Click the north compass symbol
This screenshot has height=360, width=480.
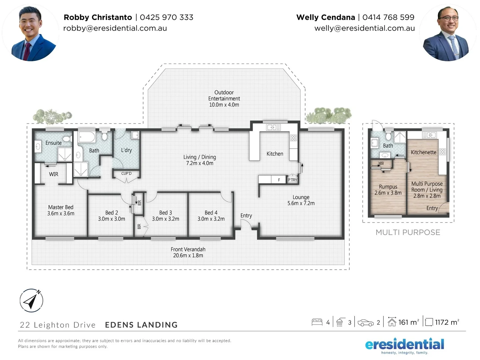pyautogui.click(x=31, y=300)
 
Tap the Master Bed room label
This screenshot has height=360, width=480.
pyautogui.click(x=61, y=207)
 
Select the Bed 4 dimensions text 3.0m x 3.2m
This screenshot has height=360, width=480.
pyautogui.click(x=211, y=219)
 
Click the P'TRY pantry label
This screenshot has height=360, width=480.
pyautogui.click(x=292, y=180)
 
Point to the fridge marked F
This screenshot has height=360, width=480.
pyautogui.click(x=279, y=180)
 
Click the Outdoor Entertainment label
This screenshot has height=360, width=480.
pyautogui.click(x=224, y=95)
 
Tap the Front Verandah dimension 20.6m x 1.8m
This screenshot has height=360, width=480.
pyautogui.click(x=188, y=256)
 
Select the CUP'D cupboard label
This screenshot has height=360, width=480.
pyautogui.click(x=126, y=173)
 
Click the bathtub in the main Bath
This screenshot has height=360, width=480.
pyautogui.click(x=87, y=137)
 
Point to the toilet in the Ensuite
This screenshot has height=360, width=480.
pyautogui.click(x=67, y=139)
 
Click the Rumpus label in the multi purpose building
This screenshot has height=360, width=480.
pyautogui.click(x=388, y=187)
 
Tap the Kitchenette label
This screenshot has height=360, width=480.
pyautogui.click(x=423, y=152)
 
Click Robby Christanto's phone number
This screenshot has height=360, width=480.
pyautogui.click(x=166, y=17)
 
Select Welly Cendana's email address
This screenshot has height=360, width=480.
pyautogui.click(x=364, y=28)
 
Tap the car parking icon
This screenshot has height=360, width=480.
pyautogui.click(x=365, y=323)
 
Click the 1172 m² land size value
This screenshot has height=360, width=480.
pyautogui.click(x=447, y=322)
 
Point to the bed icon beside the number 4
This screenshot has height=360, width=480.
pyautogui.click(x=317, y=322)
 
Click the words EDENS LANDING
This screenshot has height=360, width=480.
pyautogui.click(x=141, y=325)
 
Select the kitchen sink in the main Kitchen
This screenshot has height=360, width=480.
pyautogui.click(x=273, y=127)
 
